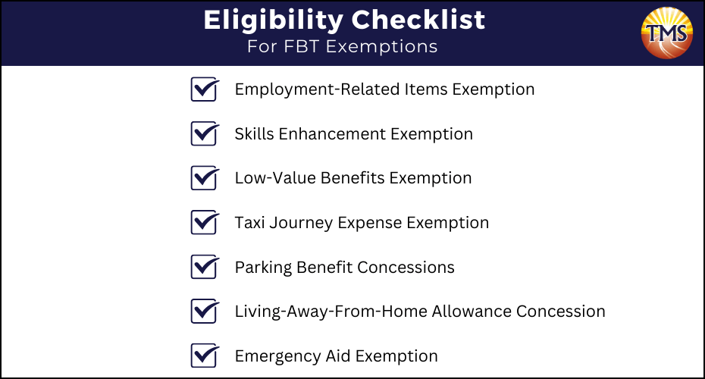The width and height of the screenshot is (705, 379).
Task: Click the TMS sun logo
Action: point(667,33)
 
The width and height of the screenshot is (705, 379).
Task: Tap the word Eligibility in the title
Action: point(274,20)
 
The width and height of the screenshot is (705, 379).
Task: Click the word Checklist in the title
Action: point(418,20)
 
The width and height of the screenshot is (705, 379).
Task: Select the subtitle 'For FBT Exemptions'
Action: point(342,46)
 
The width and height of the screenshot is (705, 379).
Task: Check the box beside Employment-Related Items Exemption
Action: point(205,89)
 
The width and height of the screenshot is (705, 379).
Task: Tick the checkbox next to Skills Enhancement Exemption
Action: point(205,133)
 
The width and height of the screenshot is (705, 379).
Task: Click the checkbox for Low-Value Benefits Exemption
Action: point(205,178)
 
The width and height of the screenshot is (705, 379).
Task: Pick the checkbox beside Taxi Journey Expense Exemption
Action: point(205,223)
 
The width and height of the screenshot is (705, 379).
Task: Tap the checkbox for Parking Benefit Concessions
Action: point(205,267)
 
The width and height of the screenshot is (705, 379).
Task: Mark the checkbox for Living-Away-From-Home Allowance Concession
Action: point(205,311)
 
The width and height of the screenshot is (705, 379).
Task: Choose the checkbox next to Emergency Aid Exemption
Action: point(205,356)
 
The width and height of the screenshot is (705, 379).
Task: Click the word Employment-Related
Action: point(318,90)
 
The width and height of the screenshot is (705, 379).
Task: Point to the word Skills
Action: point(255,134)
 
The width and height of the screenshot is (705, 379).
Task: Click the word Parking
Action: point(264,268)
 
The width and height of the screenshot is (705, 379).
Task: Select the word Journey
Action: point(301,223)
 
